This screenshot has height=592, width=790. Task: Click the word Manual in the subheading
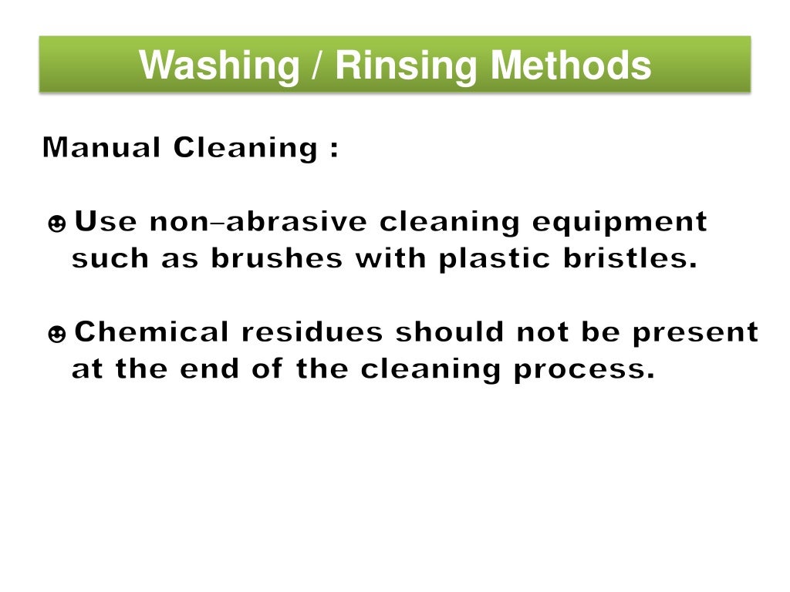[x=103, y=147]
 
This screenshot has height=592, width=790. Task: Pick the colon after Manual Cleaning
[x=333, y=149]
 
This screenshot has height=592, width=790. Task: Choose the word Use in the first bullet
[x=106, y=223]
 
